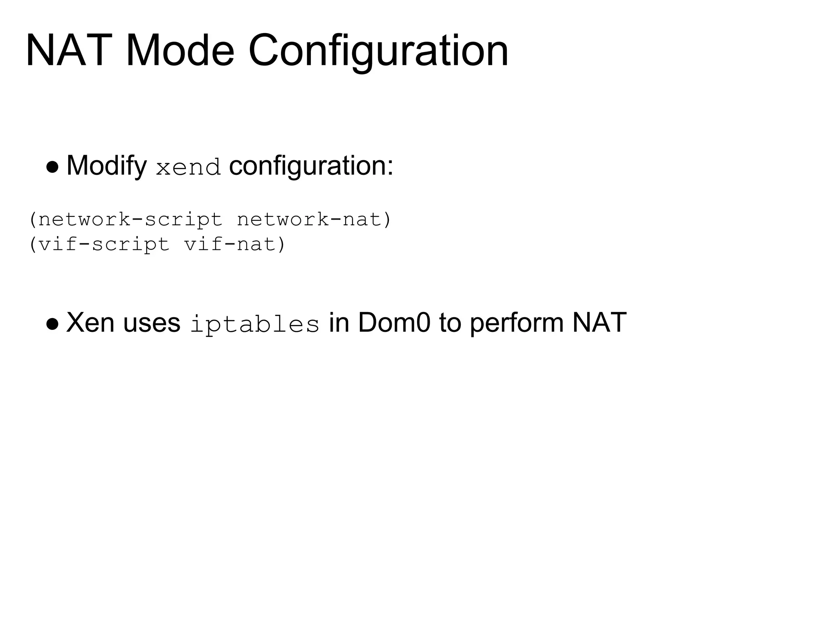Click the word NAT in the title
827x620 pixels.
click(69, 51)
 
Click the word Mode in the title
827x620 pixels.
click(180, 51)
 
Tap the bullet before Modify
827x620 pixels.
click(52, 167)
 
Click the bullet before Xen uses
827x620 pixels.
click(52, 324)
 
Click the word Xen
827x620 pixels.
click(90, 323)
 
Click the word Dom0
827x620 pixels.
click(394, 323)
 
